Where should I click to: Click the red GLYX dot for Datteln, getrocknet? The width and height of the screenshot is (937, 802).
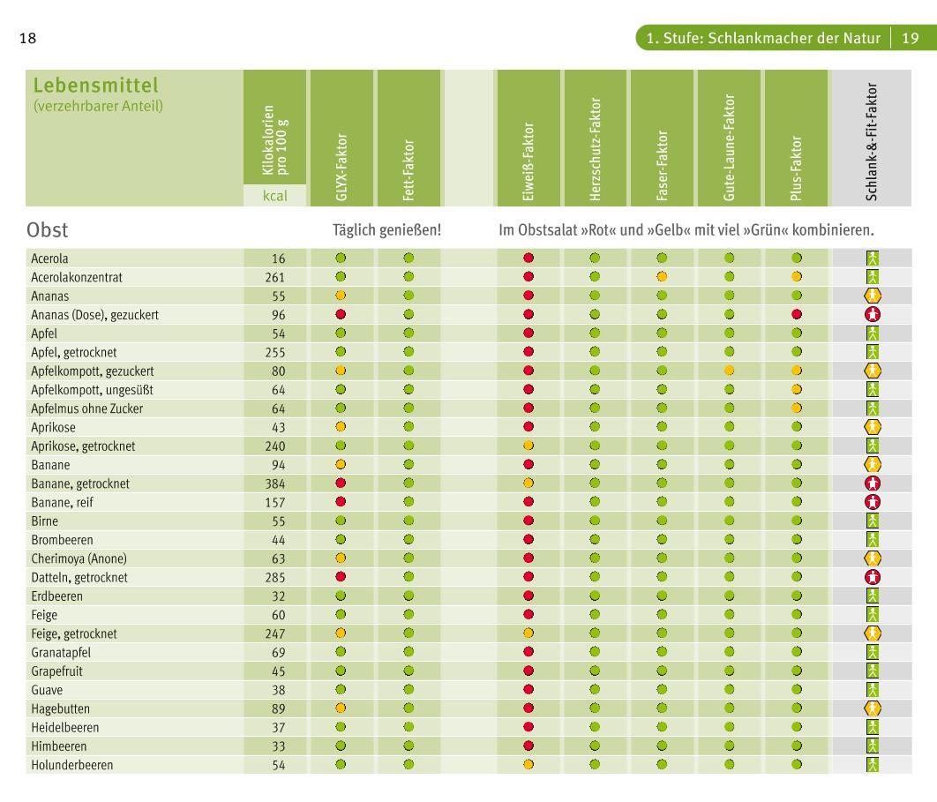tap(341, 577)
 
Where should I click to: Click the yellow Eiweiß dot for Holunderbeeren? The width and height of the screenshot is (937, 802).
tap(528, 765)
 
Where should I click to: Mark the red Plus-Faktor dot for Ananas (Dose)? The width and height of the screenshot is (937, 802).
tap(797, 315)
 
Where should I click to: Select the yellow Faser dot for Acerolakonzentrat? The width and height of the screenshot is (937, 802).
tap(663, 277)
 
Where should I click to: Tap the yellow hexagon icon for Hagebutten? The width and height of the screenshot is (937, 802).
tap(873, 708)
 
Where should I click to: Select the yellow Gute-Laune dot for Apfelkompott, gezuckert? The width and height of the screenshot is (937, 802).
tap(730, 371)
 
